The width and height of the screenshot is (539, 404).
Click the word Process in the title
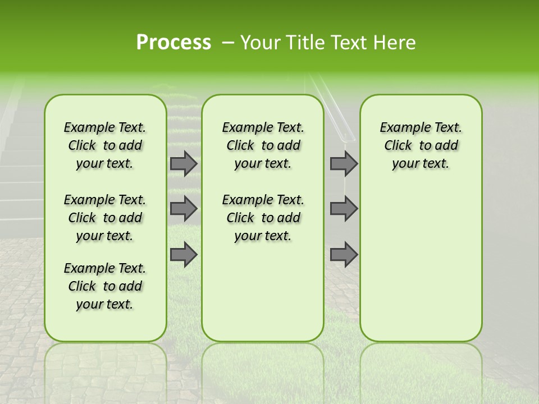[173, 43]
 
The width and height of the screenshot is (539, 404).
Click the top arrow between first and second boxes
[184, 163]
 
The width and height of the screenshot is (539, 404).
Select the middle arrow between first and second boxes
[184, 209]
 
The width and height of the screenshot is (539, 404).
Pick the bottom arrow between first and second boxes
[184, 254]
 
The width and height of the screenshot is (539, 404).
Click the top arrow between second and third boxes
[344, 163]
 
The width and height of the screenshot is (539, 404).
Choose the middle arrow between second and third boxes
[344, 209]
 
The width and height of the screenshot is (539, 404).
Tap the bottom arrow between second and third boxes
[344, 254]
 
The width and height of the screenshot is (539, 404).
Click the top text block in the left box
[105, 145]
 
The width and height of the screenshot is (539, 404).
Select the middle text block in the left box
[105, 218]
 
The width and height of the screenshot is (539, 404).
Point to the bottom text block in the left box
[105, 286]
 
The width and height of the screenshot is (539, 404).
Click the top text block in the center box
[263, 145]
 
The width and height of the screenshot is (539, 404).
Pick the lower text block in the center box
[263, 218]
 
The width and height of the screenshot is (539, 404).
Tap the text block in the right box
[421, 145]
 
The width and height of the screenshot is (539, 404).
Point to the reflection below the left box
[106, 370]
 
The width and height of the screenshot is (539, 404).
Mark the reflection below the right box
[421, 370]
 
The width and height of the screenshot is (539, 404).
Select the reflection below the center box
[263, 370]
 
